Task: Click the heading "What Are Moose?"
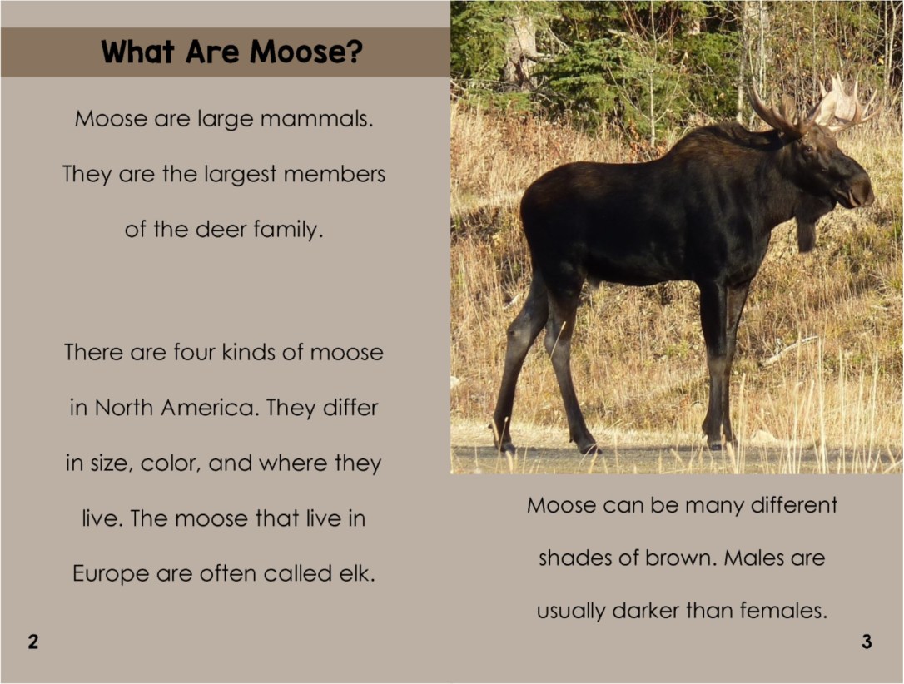231,52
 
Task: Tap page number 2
32,642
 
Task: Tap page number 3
867,642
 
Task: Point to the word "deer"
221,230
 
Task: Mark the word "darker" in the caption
645,612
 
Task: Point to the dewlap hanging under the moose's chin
806,232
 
